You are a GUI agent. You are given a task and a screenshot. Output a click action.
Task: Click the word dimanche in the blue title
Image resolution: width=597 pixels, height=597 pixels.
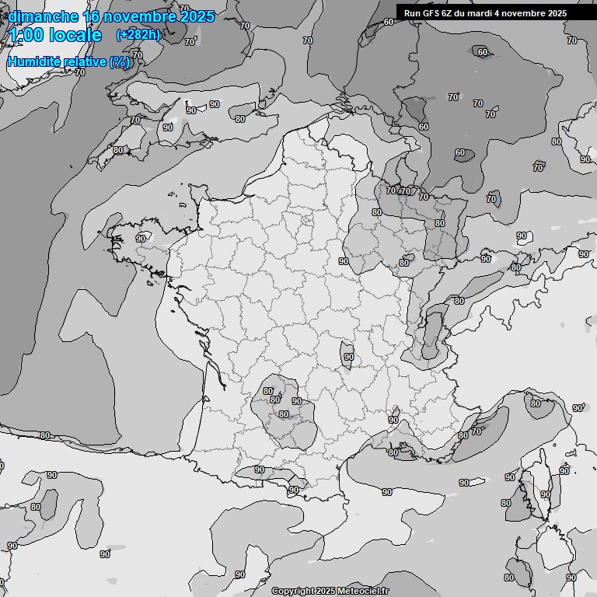tap(43, 16)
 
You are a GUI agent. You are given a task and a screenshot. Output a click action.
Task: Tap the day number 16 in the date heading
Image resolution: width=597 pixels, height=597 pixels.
tap(92, 16)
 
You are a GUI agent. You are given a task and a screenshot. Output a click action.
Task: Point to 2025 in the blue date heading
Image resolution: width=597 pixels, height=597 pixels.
tap(197, 16)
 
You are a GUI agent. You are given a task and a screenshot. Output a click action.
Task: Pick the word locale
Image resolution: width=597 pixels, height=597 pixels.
tap(75, 35)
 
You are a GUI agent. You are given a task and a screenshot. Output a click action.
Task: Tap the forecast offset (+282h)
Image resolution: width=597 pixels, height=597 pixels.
tap(138, 34)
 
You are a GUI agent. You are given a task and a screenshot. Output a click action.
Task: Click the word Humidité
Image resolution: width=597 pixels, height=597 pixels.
tap(32, 61)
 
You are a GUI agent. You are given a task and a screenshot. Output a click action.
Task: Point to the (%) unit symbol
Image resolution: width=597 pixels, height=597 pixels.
tap(119, 61)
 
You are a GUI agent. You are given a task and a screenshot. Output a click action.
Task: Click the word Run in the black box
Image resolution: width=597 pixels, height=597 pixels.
tap(412, 13)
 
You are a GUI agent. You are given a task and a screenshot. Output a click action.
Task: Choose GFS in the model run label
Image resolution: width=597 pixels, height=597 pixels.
tap(431, 13)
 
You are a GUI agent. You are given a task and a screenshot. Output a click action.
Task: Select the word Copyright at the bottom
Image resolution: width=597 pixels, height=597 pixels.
tap(292, 592)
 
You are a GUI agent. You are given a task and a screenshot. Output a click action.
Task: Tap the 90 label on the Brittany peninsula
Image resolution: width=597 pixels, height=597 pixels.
tap(141, 239)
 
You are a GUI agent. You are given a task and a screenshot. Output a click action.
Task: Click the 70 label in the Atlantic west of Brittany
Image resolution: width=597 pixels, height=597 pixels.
tap(80, 72)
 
